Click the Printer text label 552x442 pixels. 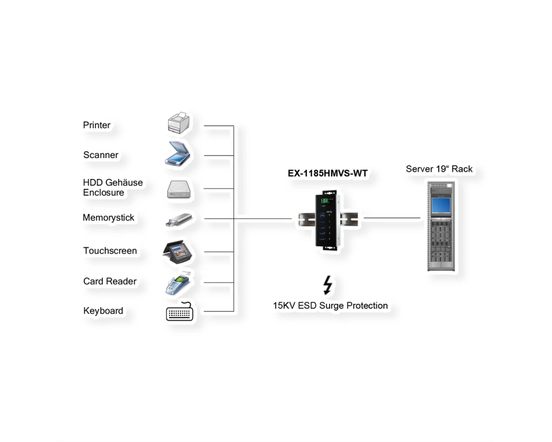[97, 125]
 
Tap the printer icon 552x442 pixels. [179, 123]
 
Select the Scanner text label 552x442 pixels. [100, 155]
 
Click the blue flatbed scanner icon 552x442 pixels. [177, 154]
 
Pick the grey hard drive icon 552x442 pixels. [179, 190]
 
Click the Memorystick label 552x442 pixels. [108, 218]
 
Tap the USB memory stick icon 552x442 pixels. [179, 220]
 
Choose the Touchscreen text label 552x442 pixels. [110, 251]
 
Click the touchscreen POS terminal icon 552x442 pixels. [178, 252]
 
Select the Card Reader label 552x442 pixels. [110, 281]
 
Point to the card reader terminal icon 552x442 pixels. [178, 283]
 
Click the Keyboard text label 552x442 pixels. [103, 311]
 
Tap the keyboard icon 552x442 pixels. [179, 312]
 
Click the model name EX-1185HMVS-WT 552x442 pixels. [328, 173]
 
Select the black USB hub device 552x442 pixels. [328, 220]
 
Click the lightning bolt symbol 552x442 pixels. [328, 285]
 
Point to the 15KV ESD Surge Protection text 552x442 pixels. [330, 306]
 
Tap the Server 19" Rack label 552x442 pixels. [439, 169]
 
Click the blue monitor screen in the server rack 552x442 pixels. [440, 205]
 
